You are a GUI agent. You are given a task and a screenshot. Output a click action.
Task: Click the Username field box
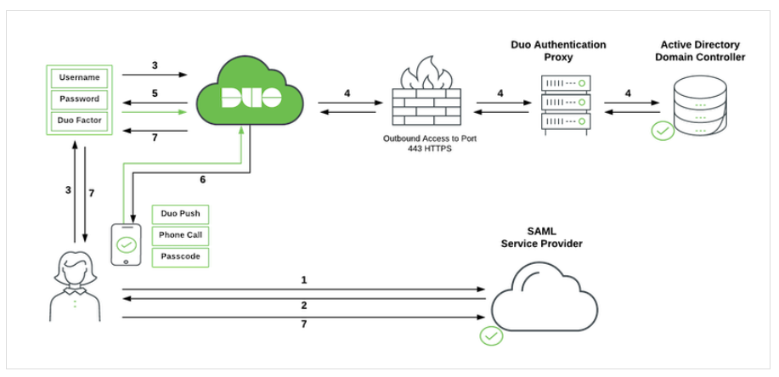tap(78, 78)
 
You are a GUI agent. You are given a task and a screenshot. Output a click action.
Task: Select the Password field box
tap(78, 99)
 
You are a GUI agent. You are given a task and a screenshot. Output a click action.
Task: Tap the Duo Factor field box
tap(78, 121)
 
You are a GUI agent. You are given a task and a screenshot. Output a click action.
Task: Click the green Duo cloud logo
tap(251, 95)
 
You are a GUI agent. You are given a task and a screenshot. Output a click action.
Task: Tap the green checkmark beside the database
tap(663, 132)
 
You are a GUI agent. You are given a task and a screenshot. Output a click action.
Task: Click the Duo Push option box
tap(179, 213)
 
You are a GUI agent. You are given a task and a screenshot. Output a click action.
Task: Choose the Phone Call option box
tap(179, 234)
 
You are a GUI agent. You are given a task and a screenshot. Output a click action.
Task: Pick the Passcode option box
tap(179, 256)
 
